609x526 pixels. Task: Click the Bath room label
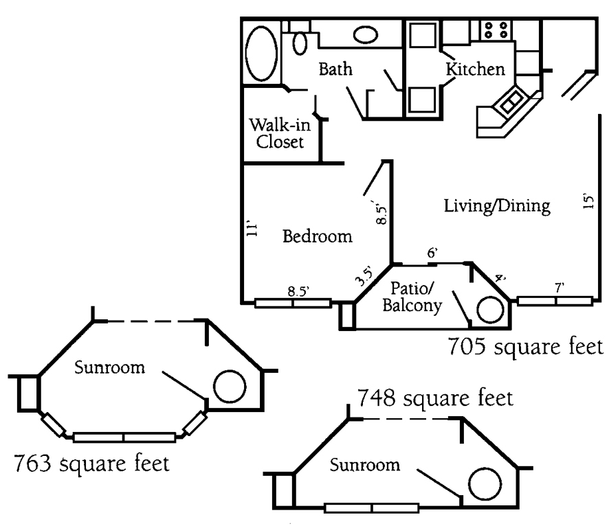(x=335, y=69)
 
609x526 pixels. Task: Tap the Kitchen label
(x=476, y=69)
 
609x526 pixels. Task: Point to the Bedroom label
(x=318, y=237)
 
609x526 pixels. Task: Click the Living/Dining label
(x=497, y=205)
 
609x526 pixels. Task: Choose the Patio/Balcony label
(x=416, y=297)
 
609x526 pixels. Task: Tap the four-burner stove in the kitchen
(x=496, y=30)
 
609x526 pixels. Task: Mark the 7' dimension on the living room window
(x=560, y=290)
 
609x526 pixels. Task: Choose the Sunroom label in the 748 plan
(x=365, y=466)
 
